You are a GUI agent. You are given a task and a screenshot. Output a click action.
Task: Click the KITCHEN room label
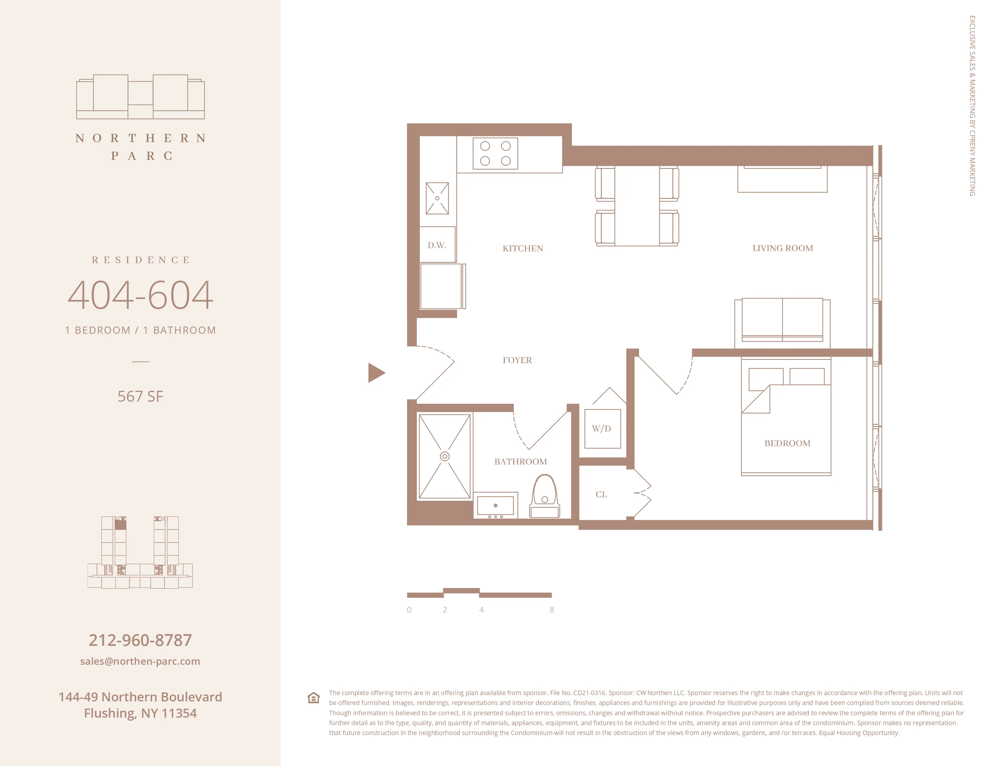coord(523,248)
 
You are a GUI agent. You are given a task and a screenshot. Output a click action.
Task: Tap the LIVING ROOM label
coord(782,248)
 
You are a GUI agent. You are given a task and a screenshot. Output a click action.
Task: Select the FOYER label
coord(517,360)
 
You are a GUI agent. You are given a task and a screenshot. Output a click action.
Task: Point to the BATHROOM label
coord(520,461)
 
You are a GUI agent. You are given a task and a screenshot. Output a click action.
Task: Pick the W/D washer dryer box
coord(602,428)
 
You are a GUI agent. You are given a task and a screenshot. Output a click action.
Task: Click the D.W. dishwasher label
coord(437,245)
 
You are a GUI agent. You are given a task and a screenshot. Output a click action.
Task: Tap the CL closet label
coord(601,495)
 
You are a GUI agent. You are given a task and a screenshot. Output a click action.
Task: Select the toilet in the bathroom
coord(544,497)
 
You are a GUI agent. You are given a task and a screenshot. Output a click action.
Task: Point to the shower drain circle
coord(445,456)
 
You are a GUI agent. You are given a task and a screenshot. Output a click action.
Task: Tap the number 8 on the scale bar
coord(551,610)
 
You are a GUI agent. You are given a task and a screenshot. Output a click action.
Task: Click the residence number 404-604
coord(140,295)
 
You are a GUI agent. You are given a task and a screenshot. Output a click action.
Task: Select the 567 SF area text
coord(140,396)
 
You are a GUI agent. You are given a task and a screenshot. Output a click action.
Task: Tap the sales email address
coord(140,661)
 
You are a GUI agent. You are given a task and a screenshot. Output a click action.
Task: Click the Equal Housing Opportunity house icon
coord(314,698)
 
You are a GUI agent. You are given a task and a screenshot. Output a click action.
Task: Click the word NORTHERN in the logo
coord(140,138)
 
